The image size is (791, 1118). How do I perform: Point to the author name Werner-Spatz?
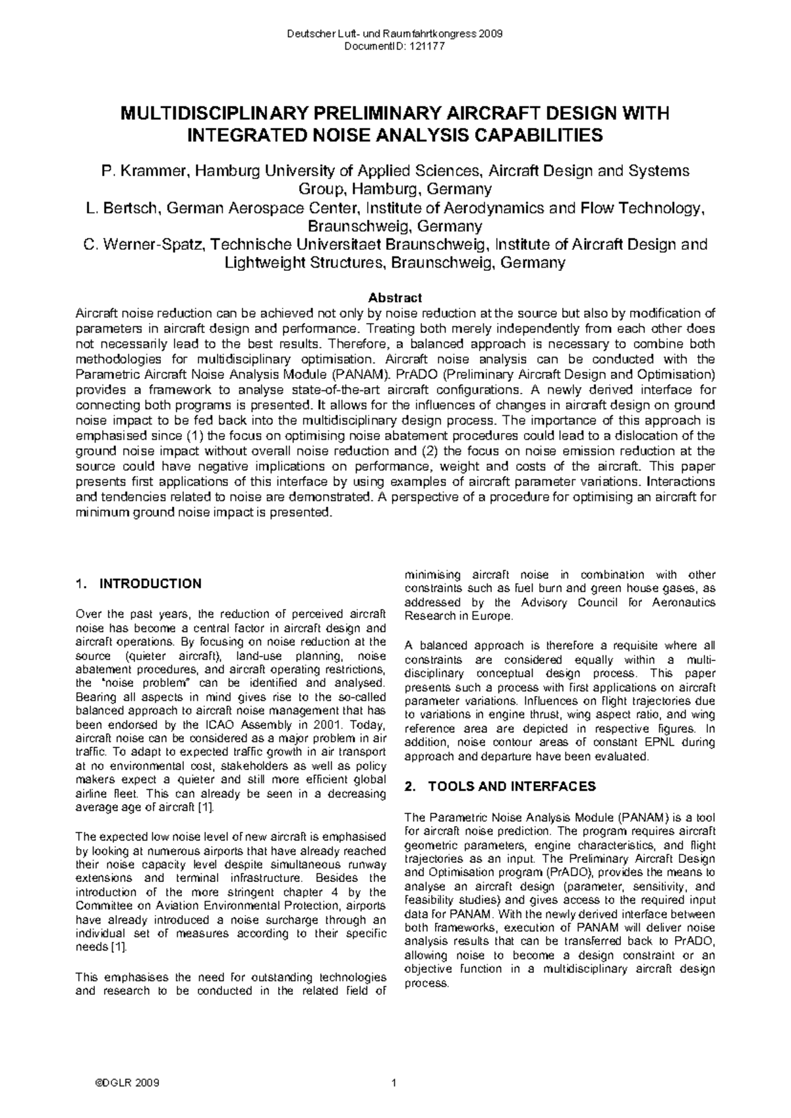152,245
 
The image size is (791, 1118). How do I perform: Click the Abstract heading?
395,298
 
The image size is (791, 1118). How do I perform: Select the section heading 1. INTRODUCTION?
139,583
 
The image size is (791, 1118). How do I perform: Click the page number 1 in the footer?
394,1084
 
